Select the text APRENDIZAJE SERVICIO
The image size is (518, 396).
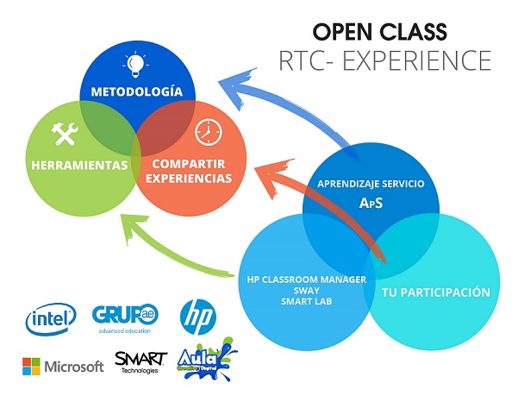pos(371,184)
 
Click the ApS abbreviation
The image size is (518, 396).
pos(371,204)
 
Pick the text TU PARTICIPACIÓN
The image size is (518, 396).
pos(436,292)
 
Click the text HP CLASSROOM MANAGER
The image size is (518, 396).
pos(307,279)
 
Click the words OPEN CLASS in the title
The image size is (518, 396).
pos(379,32)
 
